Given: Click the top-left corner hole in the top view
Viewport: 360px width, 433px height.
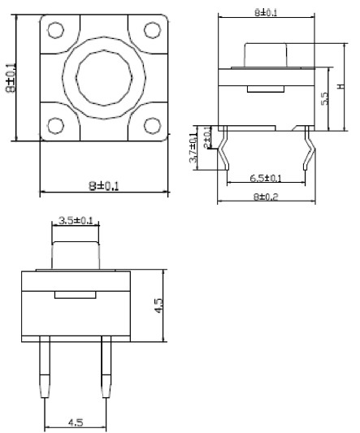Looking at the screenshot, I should click(x=56, y=31).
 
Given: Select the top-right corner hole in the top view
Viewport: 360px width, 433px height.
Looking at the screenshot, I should click(x=152, y=31).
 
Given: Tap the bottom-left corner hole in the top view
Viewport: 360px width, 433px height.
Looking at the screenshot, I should click(x=56, y=126).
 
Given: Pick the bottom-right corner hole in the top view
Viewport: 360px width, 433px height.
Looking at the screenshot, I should click(x=152, y=126).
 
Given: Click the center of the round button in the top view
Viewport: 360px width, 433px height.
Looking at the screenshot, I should click(x=104, y=79).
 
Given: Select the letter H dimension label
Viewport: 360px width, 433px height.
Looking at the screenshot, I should click(x=341, y=86).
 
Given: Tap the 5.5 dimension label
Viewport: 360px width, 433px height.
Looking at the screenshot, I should click(x=325, y=97).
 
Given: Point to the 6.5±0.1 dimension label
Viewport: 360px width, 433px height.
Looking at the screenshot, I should click(x=266, y=178).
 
